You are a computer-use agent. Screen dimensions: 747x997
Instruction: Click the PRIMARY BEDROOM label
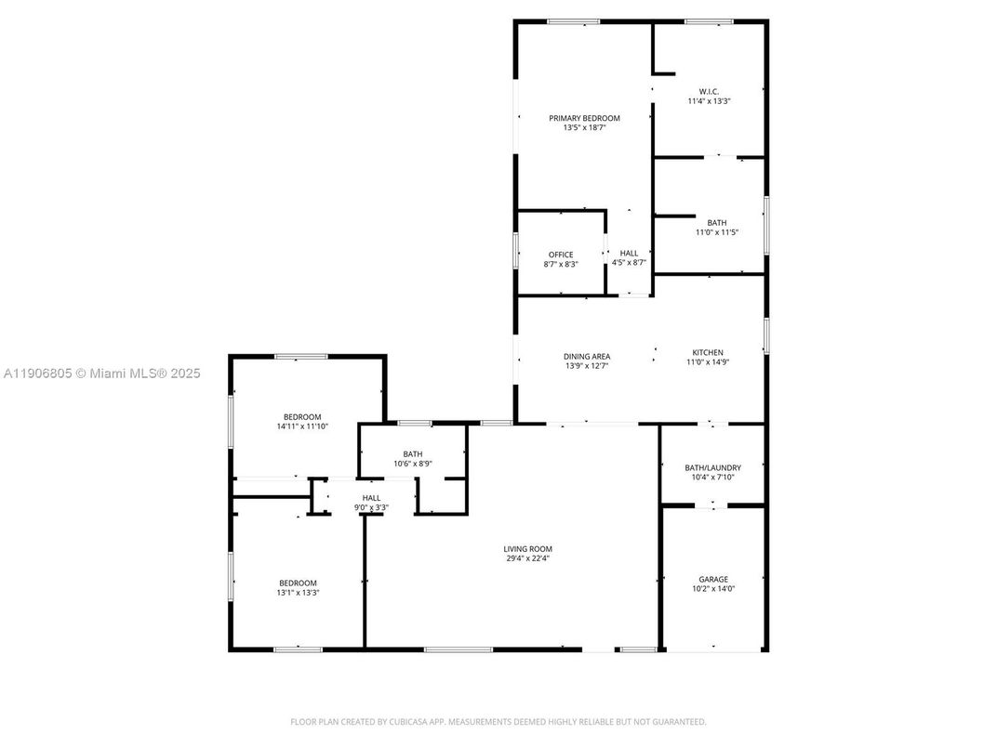584,118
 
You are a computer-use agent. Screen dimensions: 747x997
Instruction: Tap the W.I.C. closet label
709,91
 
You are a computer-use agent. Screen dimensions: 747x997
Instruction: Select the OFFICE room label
561,254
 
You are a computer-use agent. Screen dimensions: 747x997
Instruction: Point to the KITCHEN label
707,353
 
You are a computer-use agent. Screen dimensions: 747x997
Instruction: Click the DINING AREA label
587,356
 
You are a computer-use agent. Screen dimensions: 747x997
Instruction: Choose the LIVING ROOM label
528,549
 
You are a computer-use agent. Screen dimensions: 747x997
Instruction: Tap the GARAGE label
713,579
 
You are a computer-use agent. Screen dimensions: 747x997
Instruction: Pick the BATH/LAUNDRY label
713,467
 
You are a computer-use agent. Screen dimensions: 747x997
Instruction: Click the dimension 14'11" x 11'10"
302,426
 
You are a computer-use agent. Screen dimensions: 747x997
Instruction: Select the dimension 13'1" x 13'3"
298,594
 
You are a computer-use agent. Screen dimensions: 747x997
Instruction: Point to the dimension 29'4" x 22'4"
528,559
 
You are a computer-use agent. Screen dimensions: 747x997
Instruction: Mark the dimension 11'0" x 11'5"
716,232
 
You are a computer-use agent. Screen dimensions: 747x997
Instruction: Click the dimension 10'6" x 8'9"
412,464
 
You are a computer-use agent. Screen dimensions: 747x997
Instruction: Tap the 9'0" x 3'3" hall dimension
371,507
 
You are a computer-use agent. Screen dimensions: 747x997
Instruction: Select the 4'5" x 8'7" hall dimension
629,263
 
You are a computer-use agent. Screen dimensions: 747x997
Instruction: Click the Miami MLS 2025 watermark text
102,373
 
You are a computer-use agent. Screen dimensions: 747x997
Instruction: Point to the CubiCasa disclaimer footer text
498,721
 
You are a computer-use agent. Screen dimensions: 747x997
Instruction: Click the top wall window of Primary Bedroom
573,21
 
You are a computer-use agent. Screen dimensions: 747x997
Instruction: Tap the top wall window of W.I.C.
709,21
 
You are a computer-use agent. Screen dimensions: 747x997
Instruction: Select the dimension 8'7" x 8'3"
561,264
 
